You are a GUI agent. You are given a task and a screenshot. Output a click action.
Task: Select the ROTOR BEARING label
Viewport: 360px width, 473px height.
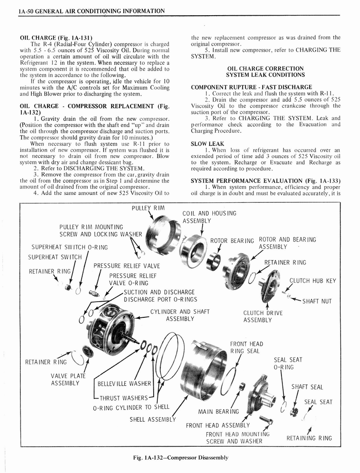pyautogui.click(x=232, y=240)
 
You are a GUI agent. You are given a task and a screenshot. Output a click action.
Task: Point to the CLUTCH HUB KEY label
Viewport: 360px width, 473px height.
pyautogui.click(x=312, y=280)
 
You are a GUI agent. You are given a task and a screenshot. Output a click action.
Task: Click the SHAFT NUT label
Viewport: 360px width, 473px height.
pyautogui.click(x=317, y=302)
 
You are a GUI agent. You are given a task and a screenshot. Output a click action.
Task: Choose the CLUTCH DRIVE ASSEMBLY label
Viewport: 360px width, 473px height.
pyautogui.click(x=263, y=316)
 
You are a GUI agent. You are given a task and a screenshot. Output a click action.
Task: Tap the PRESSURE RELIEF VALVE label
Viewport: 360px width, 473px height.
pyautogui.click(x=126, y=266)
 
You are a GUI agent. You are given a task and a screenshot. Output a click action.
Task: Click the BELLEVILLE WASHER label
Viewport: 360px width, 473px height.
pyautogui.click(x=125, y=383)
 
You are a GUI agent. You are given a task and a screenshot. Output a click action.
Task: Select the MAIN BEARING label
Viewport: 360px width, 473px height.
pyautogui.click(x=219, y=411)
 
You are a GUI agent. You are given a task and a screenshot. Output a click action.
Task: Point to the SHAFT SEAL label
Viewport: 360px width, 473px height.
pyautogui.click(x=307, y=387)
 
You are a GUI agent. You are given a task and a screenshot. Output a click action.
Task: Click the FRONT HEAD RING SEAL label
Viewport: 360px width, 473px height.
pyautogui.click(x=246, y=347)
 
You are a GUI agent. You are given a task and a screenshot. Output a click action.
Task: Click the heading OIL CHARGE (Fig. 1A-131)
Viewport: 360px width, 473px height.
pyautogui.click(x=56, y=37)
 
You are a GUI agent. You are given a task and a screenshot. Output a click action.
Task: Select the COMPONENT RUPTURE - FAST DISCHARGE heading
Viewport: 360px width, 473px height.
pyautogui.click(x=251, y=87)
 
